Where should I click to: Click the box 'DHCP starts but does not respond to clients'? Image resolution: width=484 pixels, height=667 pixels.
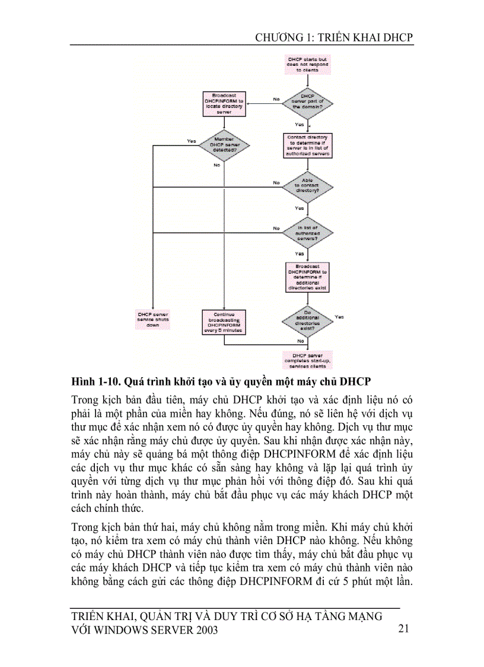point(307,65)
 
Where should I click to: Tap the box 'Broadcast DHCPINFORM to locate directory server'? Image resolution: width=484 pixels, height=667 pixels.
point(224,104)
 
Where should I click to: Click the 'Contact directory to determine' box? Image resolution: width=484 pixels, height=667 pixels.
point(307,145)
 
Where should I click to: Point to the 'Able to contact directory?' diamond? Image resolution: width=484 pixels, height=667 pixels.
point(307,185)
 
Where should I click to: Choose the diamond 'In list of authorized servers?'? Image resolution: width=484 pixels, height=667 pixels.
point(307,232)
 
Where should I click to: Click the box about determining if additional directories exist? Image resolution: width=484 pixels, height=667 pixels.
point(307,277)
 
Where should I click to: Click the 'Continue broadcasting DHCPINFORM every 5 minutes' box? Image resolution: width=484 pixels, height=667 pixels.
point(224,323)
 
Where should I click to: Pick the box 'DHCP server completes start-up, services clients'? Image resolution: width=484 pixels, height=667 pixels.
point(307,359)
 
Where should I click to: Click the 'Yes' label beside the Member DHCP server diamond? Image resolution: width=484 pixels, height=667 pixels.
point(191,141)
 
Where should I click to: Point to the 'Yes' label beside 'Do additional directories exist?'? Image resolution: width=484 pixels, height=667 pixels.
point(339,317)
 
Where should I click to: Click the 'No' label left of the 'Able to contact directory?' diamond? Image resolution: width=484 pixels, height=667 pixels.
point(276,182)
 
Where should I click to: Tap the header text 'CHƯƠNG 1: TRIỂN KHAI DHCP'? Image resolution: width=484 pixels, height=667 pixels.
point(334,37)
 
